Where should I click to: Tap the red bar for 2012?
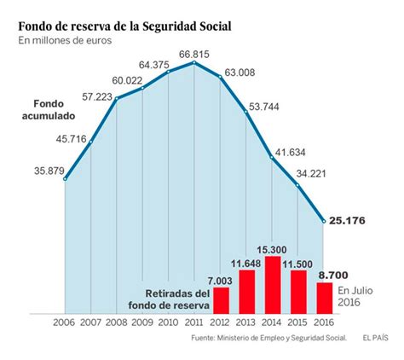tap(221, 299)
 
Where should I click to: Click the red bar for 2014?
tap(273, 284)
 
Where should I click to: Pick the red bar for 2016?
tap(325, 297)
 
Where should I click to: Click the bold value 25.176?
tap(350, 221)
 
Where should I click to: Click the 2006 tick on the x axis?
tap(65, 322)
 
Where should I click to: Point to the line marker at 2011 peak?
tap(195, 62)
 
